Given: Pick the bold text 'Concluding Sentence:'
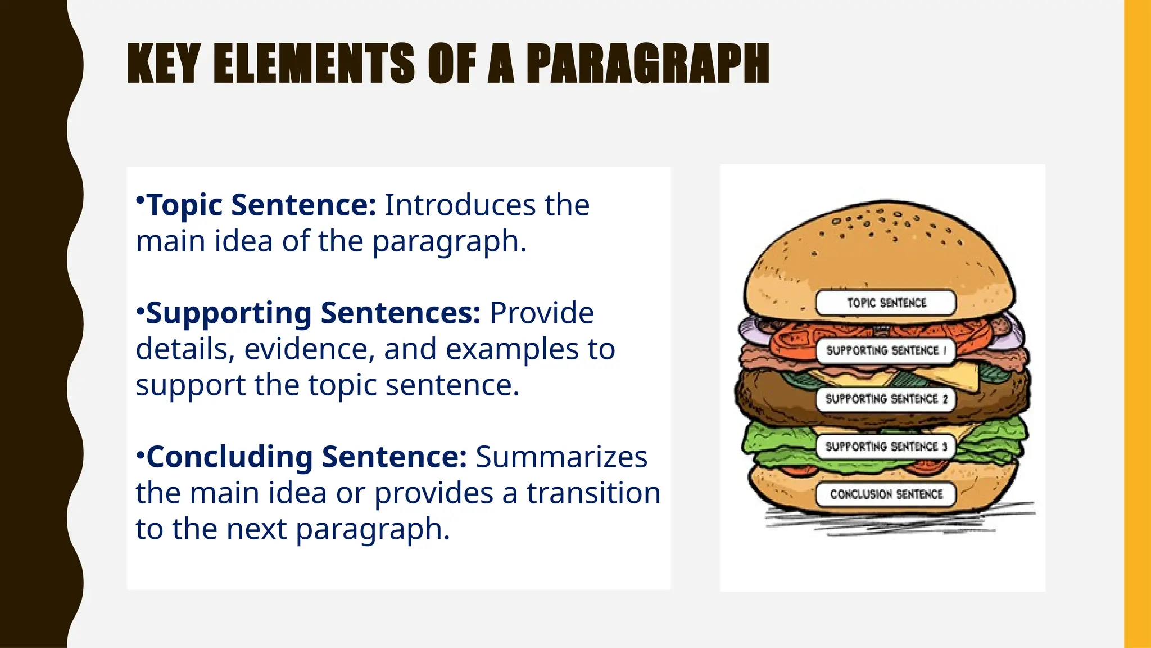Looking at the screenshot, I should [x=306, y=457].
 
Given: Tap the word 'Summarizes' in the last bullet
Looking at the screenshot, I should [x=561, y=457].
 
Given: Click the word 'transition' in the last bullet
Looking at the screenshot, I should [x=593, y=493].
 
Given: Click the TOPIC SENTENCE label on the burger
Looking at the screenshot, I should [x=886, y=303].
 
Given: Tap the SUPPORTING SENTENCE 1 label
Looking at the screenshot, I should [x=886, y=350].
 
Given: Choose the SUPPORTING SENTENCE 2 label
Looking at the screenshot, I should [x=886, y=399].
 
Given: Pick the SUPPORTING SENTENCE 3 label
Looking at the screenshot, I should [x=886, y=447].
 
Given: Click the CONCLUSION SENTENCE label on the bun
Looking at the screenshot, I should [x=886, y=494].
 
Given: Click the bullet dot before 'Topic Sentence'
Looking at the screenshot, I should [x=141, y=200].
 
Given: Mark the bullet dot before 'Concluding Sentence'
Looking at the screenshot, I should [x=141, y=453].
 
